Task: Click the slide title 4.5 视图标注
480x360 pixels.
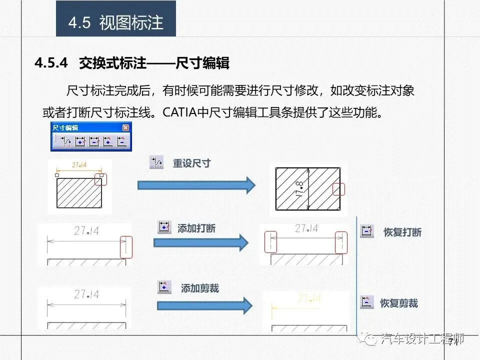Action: click(x=116, y=23)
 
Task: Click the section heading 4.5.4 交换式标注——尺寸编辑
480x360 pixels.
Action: click(x=132, y=63)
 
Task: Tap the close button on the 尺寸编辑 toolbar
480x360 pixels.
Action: click(x=125, y=128)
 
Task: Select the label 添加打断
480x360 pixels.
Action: click(x=196, y=228)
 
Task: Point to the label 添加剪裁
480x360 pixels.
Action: click(x=200, y=288)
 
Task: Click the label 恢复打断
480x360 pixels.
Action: click(x=402, y=232)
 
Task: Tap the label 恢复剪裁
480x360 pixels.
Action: click(x=399, y=303)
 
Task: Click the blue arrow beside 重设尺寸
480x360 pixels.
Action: click(x=196, y=185)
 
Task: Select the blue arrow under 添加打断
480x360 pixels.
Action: click(x=200, y=243)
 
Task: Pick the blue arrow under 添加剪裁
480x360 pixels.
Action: click(x=204, y=305)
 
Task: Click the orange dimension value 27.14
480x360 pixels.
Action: click(x=79, y=165)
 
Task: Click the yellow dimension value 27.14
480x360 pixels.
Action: click(x=308, y=299)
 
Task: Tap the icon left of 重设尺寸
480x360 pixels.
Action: click(x=156, y=162)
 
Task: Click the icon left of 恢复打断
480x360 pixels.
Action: click(x=367, y=230)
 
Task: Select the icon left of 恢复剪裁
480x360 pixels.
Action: click(x=367, y=302)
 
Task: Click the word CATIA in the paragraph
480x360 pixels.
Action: click(x=180, y=111)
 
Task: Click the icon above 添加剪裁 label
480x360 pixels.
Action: click(x=164, y=286)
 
